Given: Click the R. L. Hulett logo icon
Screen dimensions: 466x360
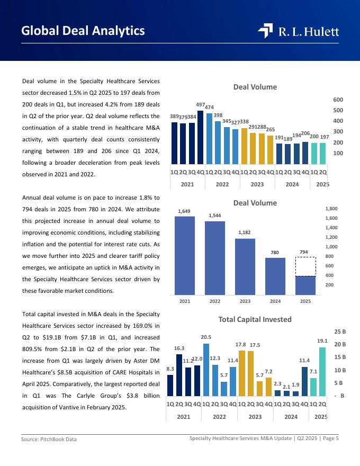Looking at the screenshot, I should point(265,31).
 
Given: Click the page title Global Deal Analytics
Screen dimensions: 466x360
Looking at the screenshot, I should point(83,31).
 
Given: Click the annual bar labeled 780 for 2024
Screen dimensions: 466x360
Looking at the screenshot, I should point(275,276).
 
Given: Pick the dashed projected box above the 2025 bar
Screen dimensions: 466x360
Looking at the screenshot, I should point(305,266).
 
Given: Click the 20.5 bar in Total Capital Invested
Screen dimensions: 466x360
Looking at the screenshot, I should point(206,369).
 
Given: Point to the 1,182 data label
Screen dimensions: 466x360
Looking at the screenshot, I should point(245,232).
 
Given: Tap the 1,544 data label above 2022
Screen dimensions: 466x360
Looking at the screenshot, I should point(215,216).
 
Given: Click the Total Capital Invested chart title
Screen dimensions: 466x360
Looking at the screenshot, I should point(255,319).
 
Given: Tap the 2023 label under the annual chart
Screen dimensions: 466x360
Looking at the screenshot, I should point(245,301).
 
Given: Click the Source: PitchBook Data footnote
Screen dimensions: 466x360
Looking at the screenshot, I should point(49,440).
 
